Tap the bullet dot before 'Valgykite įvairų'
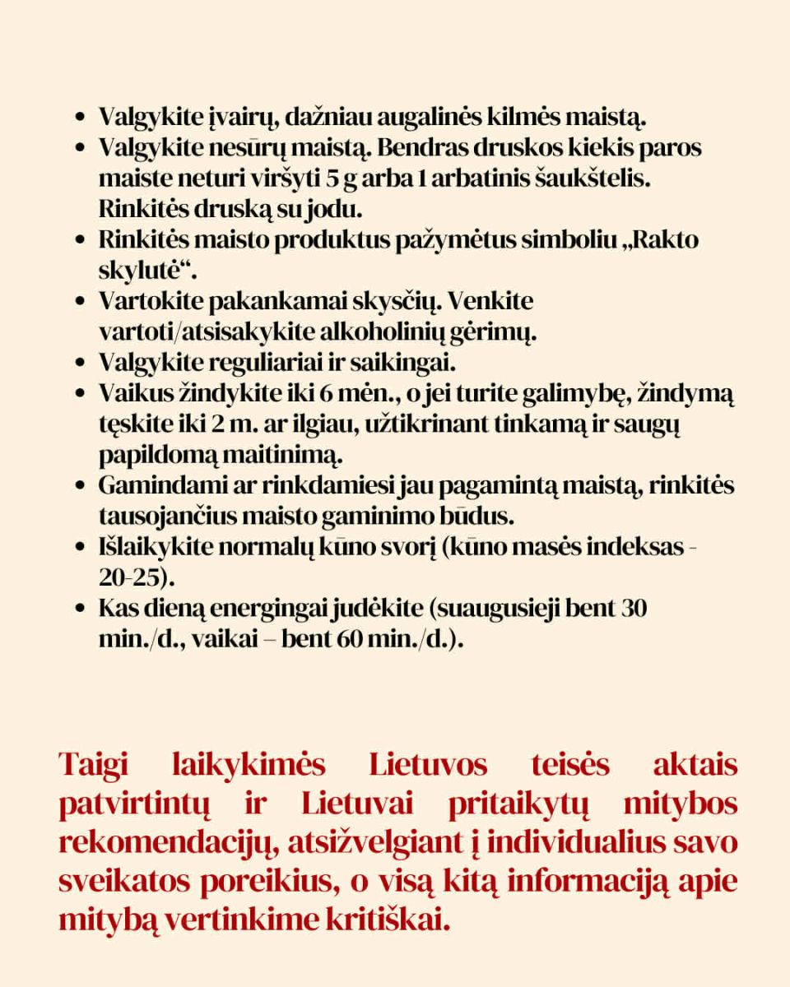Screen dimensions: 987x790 (81, 118)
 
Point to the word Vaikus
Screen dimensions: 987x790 (132, 392)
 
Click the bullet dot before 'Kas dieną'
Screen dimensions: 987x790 (81, 609)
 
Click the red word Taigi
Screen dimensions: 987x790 (93, 765)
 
